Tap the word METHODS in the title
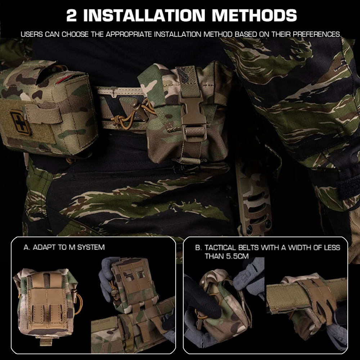[254, 15]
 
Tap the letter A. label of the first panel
[26, 247]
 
